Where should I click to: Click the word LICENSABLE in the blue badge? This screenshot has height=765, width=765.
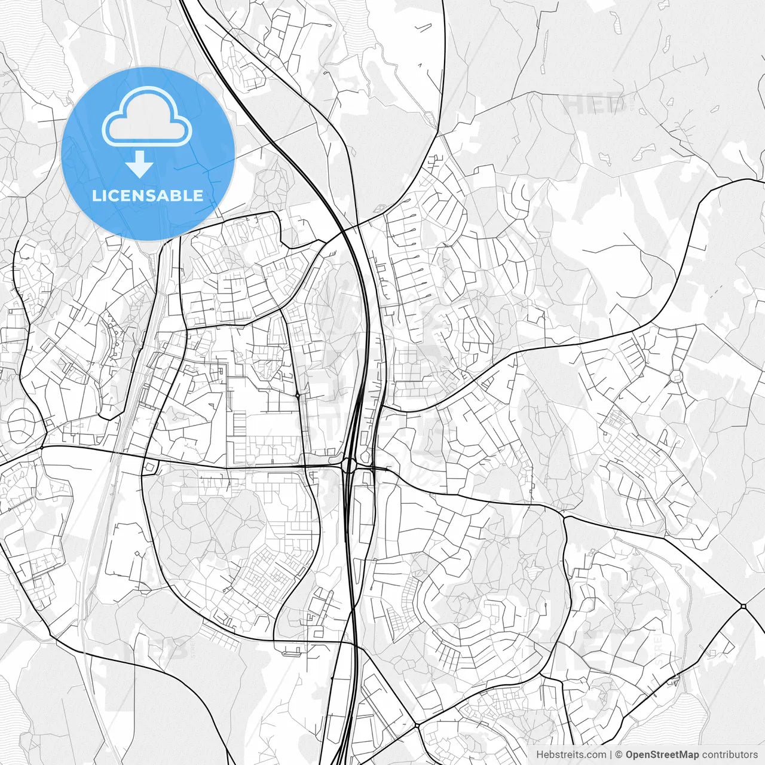pyautogui.click(x=147, y=196)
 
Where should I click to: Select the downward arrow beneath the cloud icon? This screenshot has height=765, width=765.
pyautogui.click(x=140, y=165)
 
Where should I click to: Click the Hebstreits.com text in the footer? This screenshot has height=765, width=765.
pyautogui.click(x=571, y=755)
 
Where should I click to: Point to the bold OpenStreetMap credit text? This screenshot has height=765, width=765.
pyautogui.click(x=662, y=755)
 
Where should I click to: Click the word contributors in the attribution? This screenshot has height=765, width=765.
pyautogui.click(x=730, y=755)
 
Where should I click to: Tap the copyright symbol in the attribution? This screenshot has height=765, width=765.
pyautogui.click(x=619, y=755)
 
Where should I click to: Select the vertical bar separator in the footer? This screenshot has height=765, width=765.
pyautogui.click(x=611, y=755)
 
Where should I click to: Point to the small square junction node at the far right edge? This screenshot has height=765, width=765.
pyautogui.click(x=743, y=607)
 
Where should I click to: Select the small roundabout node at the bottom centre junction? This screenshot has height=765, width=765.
pyautogui.click(x=417, y=724)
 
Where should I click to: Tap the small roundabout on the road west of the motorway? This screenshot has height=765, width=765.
pyautogui.click(x=297, y=395)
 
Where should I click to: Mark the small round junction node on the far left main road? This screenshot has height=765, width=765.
pyautogui.click(x=43, y=446)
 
